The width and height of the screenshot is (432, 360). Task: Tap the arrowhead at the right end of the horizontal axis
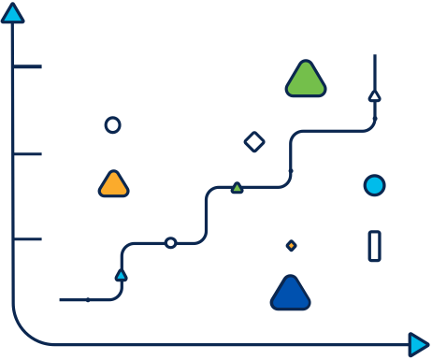pyautogui.click(x=419, y=345)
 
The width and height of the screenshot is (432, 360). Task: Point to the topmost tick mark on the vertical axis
pyautogui.click(x=28, y=66)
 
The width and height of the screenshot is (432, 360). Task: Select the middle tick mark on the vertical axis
pyautogui.click(x=28, y=154)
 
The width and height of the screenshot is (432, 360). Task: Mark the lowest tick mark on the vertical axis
pyautogui.click(x=28, y=239)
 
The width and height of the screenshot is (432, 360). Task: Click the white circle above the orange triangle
pyautogui.click(x=112, y=124)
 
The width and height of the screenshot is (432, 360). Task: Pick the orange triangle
pyautogui.click(x=113, y=184)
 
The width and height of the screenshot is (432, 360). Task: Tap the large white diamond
pyautogui.click(x=254, y=141)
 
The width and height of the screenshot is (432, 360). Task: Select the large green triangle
pyautogui.click(x=305, y=80)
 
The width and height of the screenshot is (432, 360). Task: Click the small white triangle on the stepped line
pyautogui.click(x=374, y=95)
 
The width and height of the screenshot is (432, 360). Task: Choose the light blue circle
pyautogui.click(x=374, y=185)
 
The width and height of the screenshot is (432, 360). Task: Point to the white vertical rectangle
pyautogui.click(x=374, y=246)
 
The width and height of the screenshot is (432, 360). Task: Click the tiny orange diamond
pyautogui.click(x=291, y=245)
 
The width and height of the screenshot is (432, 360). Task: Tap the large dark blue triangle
pyautogui.click(x=290, y=294)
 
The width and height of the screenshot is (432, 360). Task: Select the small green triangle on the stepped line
pyautogui.click(x=237, y=188)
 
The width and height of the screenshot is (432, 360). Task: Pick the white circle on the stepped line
pyautogui.click(x=170, y=243)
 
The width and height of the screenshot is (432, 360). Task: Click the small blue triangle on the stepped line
pyautogui.click(x=121, y=275)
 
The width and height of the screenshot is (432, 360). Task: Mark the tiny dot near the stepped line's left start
pyautogui.click(x=88, y=300)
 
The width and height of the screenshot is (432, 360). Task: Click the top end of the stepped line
pyautogui.click(x=374, y=56)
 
